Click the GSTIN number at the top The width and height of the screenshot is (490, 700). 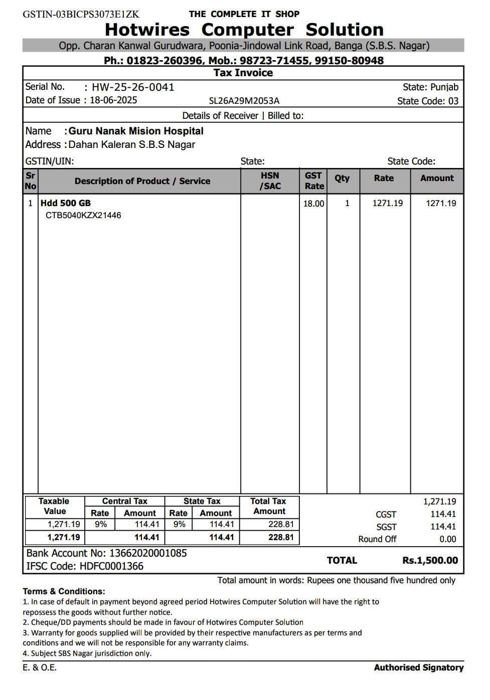pyautogui.click(x=81, y=14)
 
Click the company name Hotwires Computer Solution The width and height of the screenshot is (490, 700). pyautogui.click(x=244, y=30)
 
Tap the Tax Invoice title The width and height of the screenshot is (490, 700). pyautogui.click(x=243, y=73)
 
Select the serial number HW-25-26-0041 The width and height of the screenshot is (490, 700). pyautogui.click(x=133, y=87)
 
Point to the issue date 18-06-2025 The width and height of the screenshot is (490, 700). pyautogui.click(x=113, y=100)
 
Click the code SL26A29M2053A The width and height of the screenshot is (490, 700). pyautogui.click(x=244, y=101)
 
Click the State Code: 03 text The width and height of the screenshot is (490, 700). pyautogui.click(x=428, y=101)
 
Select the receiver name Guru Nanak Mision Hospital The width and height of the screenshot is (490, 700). pyautogui.click(x=136, y=131)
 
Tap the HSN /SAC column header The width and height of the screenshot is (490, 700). pyautogui.click(x=270, y=181)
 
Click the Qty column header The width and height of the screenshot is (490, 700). pyautogui.click(x=342, y=179)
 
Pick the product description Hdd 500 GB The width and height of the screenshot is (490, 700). pyautogui.click(x=66, y=203)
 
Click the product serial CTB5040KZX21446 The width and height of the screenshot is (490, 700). pyautogui.click(x=83, y=216)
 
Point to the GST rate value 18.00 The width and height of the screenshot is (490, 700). pyautogui.click(x=313, y=204)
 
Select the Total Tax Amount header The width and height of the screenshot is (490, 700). pyautogui.click(x=269, y=506)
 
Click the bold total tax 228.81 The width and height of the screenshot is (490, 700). pyautogui.click(x=281, y=537)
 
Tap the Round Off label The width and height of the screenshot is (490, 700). pyautogui.click(x=377, y=539)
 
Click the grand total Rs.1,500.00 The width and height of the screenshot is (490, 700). pyautogui.click(x=430, y=561)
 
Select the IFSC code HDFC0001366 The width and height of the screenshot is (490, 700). pyautogui.click(x=111, y=567)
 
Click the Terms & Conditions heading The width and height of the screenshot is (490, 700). pyautogui.click(x=64, y=591)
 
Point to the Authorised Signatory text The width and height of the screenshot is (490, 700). pyautogui.click(x=419, y=667)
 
